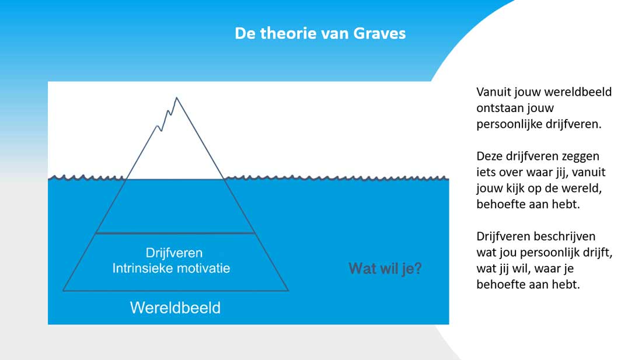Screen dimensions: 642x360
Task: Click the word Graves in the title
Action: [379, 33]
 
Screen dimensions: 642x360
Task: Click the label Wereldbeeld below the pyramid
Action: [175, 307]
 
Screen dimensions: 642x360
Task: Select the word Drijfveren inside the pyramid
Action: [174, 253]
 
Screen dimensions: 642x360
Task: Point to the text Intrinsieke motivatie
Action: [171, 268]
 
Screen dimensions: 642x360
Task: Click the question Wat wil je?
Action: [385, 269]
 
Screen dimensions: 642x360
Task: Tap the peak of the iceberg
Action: [176, 97]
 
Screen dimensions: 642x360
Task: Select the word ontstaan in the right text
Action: [494, 108]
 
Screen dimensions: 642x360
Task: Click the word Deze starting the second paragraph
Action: [489, 156]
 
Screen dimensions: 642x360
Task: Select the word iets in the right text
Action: [485, 172]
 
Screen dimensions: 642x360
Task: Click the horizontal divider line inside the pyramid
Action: [175, 233]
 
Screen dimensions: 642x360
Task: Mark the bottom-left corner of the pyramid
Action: [63, 291]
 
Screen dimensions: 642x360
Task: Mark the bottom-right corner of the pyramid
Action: [288, 291]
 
